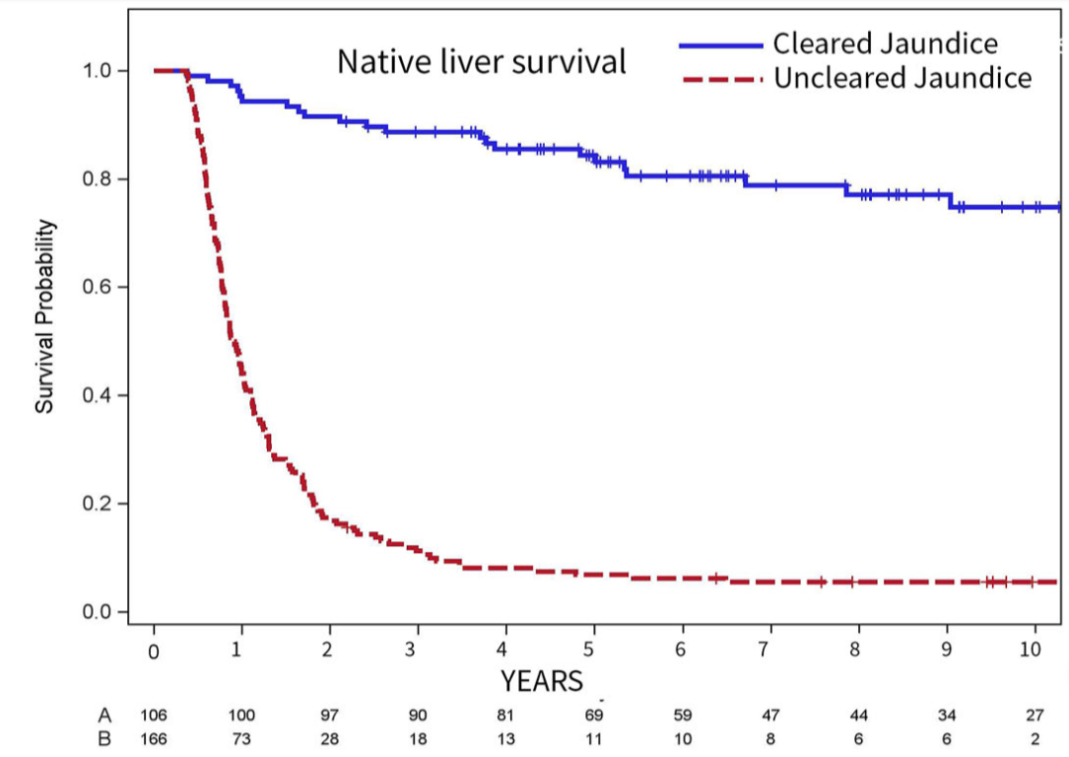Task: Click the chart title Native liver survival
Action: pyautogui.click(x=482, y=62)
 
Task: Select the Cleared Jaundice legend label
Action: pyautogui.click(x=885, y=43)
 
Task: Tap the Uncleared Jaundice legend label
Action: pyautogui.click(x=902, y=78)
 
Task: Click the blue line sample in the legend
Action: pyautogui.click(x=720, y=45)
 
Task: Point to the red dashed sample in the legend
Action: pyautogui.click(x=721, y=80)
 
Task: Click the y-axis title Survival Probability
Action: pyautogui.click(x=44, y=315)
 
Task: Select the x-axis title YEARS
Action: pyautogui.click(x=542, y=681)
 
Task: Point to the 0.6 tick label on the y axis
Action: pyautogui.click(x=98, y=287)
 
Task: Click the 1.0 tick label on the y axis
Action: pyautogui.click(x=98, y=71)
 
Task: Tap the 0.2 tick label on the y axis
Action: pyautogui.click(x=98, y=504)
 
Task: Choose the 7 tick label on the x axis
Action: pyautogui.click(x=765, y=650)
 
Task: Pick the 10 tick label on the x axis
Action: pyautogui.click(x=1031, y=649)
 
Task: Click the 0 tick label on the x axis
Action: pyautogui.click(x=154, y=652)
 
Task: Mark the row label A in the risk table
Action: pyautogui.click(x=104, y=715)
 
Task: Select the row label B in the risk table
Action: pyautogui.click(x=104, y=738)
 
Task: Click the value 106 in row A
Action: pyautogui.click(x=154, y=716)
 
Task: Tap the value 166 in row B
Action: pyautogui.click(x=154, y=739)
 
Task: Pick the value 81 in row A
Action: pyautogui.click(x=505, y=716)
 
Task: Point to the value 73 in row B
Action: pyautogui.click(x=241, y=739)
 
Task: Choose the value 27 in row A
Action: pyautogui.click(x=1035, y=716)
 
